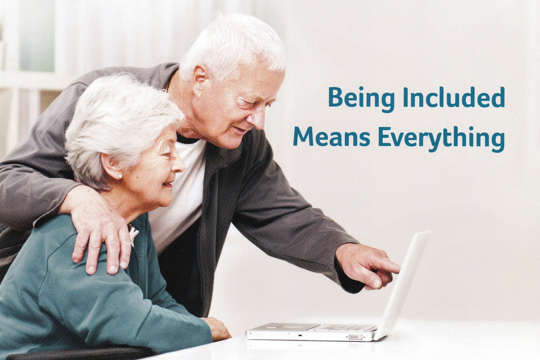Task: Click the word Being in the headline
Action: (361, 99)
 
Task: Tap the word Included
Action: (454, 97)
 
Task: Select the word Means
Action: (332, 137)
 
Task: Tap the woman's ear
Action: (112, 166)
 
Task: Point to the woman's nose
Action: (179, 165)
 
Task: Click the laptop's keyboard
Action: (342, 327)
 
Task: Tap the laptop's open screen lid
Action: (403, 284)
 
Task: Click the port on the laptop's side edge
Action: (355, 337)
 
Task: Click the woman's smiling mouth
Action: (168, 184)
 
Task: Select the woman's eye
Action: (166, 154)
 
